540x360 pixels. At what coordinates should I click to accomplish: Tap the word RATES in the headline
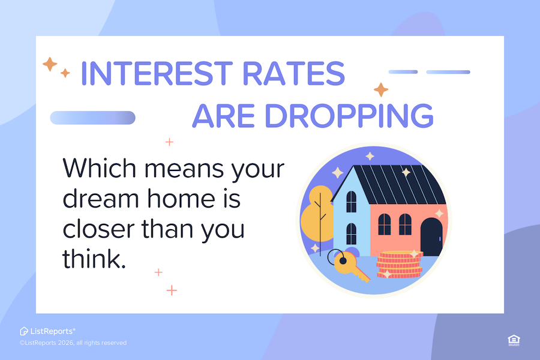294,73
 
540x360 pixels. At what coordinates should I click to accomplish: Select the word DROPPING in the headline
349,116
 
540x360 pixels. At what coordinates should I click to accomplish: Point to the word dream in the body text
101,199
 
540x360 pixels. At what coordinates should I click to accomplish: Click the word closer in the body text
98,229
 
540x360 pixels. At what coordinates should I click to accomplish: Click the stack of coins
400,265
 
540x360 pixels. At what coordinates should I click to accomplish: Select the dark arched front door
431,236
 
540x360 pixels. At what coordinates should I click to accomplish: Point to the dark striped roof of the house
396,184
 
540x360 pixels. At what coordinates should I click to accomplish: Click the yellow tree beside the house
317,215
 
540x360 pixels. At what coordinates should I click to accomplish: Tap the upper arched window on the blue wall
351,202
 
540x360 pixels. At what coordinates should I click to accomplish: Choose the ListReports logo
47,331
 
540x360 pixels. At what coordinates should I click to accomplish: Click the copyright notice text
73,343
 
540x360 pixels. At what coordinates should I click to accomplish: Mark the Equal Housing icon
514,340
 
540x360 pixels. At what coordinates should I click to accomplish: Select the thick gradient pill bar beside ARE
92,118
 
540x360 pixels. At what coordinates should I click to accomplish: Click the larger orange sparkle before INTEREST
50,64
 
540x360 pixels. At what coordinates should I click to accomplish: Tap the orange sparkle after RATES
381,90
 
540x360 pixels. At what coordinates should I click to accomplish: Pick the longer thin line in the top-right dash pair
448,72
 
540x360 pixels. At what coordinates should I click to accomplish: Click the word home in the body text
181,199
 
